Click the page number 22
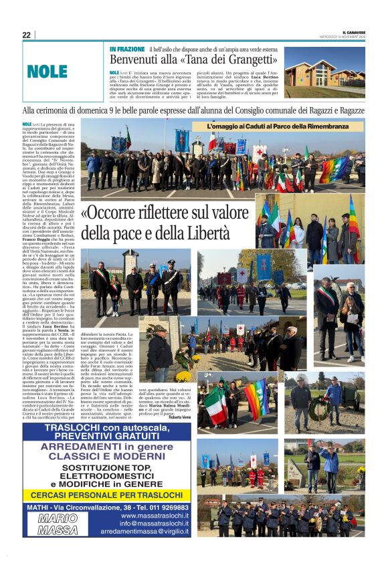[x=26, y=35]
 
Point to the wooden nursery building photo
[x=324, y=72]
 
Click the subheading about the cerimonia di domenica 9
[x=194, y=110]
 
